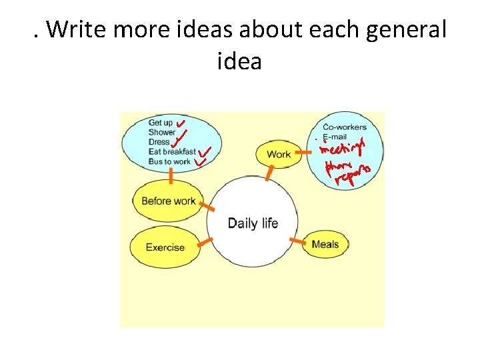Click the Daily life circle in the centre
pyautogui.click(x=253, y=223)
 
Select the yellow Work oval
pyautogui.click(x=279, y=154)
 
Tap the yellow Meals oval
pyautogui.click(x=325, y=245)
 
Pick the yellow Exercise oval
pyautogui.click(x=165, y=247)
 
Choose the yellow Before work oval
pyautogui.click(x=168, y=201)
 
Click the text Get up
pyautogui.click(x=160, y=123)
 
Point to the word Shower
pyautogui.click(x=162, y=132)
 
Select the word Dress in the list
pyautogui.click(x=159, y=142)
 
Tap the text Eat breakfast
pyautogui.click(x=172, y=152)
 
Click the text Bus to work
pyautogui.click(x=169, y=161)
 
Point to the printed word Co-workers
pyautogui.click(x=345, y=127)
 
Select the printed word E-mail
pyautogui.click(x=335, y=137)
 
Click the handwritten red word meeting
pyautogui.click(x=341, y=145)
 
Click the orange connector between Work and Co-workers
pyautogui.click(x=303, y=153)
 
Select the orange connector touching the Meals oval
pyautogui.click(x=295, y=239)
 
